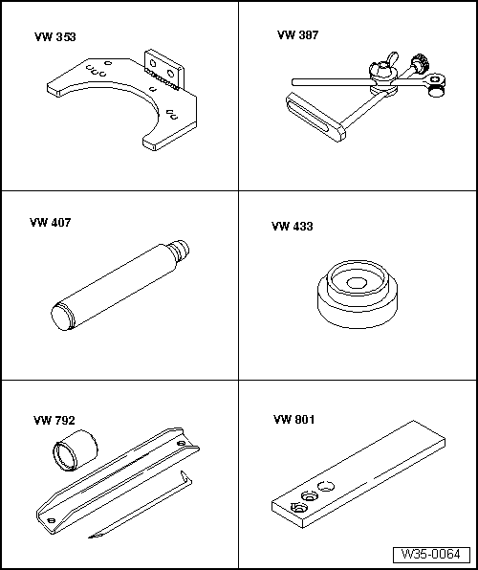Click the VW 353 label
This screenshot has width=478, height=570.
55,37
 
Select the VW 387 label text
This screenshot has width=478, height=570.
297,35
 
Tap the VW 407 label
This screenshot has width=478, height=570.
50,223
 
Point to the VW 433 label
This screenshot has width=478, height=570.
292,227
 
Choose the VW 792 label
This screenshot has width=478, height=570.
54,421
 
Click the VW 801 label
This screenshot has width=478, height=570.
294,420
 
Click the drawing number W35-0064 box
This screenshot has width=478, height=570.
431,555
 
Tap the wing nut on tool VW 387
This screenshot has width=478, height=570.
383,66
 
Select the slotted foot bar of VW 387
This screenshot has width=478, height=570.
315,117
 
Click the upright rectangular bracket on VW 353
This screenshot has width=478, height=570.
164,70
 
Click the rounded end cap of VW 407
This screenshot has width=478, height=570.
61,317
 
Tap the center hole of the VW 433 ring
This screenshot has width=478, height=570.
356,283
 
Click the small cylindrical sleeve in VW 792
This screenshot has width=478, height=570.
76,450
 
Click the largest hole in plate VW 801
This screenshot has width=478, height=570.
326,486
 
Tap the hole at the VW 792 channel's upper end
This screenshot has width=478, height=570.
181,444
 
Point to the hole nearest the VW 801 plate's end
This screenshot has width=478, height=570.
298,507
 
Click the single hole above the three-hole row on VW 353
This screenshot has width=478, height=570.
108,63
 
